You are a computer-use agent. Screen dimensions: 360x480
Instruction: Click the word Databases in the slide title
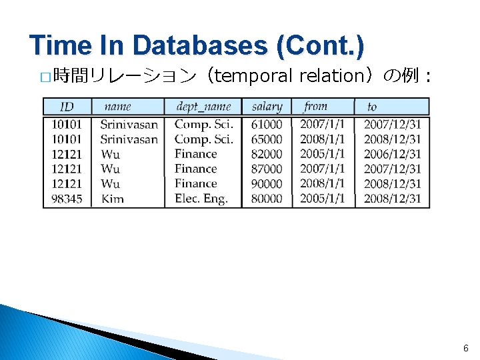click(197, 45)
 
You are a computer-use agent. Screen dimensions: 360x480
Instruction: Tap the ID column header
click(67, 107)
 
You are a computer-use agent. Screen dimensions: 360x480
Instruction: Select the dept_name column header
click(203, 107)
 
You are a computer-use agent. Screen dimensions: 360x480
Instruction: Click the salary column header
click(267, 107)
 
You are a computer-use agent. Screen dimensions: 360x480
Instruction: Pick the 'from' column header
click(315, 106)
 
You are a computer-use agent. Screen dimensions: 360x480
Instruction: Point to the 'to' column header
click(372, 107)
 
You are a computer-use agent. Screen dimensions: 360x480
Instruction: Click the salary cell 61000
click(267, 125)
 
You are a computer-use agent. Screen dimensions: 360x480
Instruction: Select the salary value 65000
click(267, 139)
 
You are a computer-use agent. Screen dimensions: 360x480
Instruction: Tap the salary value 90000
click(267, 184)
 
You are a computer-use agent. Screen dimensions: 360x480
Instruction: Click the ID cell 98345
click(67, 199)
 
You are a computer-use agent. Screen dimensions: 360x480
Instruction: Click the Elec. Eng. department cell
click(201, 199)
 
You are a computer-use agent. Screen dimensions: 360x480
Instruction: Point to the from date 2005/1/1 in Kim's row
click(322, 199)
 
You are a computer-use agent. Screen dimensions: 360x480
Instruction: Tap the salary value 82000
click(267, 154)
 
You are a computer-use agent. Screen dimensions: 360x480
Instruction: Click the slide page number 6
click(465, 348)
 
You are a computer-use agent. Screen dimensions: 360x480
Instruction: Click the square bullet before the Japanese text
click(45, 77)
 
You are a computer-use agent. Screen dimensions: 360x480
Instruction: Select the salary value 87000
click(267, 169)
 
